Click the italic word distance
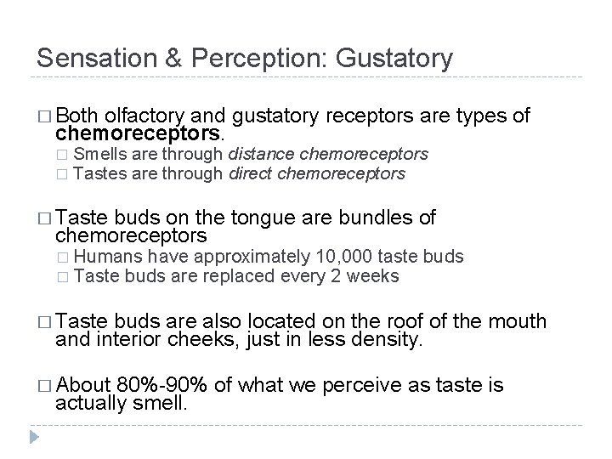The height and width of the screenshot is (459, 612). click(x=261, y=155)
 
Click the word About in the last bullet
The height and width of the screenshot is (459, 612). click(x=88, y=385)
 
